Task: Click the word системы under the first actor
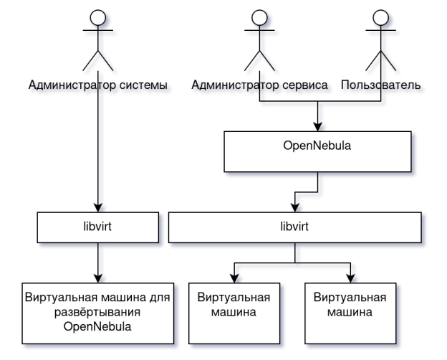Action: pos(145,86)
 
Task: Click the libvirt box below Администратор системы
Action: pos(97,227)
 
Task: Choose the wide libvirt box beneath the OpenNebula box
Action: pos(294,227)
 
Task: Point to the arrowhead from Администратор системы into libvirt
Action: pos(97,208)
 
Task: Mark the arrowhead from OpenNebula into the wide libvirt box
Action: pos(294,208)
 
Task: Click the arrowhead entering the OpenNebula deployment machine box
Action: pos(97,278)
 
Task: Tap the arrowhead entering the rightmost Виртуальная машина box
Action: pos(350,278)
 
